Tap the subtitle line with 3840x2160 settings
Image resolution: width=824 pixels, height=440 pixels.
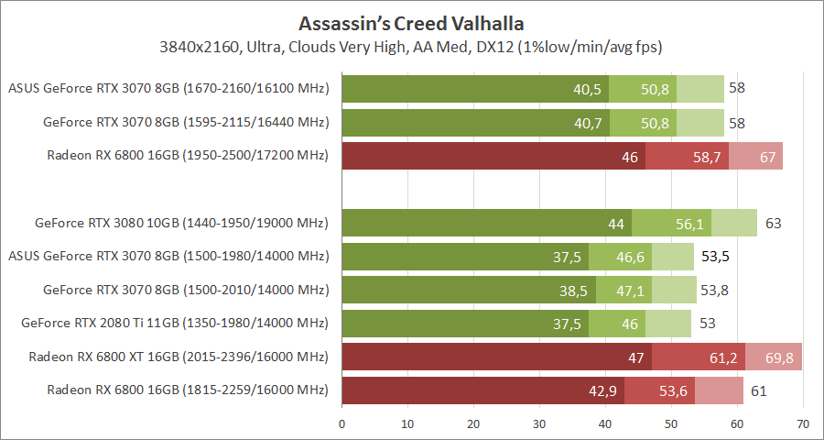411,46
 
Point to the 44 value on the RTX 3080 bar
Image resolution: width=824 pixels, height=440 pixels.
615,223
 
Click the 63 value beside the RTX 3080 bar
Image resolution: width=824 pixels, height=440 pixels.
774,223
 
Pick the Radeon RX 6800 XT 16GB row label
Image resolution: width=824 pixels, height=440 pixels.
179,357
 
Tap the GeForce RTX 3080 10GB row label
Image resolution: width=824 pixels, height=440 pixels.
181,223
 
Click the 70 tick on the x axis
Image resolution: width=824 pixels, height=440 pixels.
803,423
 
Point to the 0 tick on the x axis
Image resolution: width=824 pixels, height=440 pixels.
342,423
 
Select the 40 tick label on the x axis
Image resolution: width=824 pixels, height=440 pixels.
605,423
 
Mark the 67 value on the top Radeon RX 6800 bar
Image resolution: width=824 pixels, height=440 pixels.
767,156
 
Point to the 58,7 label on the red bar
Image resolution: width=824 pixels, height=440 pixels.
708,156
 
